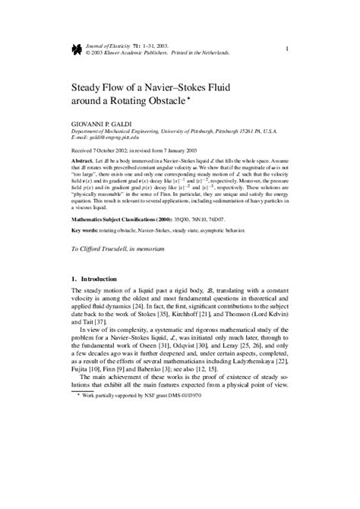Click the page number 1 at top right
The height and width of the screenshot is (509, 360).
click(x=286, y=49)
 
